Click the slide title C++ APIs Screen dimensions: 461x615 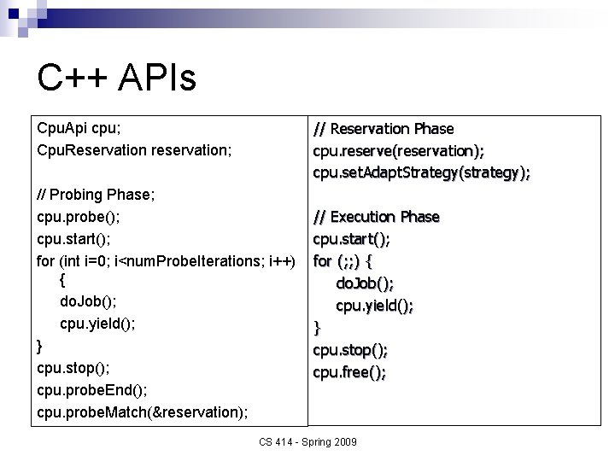[x=117, y=78]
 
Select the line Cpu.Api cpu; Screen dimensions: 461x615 [x=79, y=128]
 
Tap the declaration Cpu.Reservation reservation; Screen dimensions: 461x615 [x=134, y=150]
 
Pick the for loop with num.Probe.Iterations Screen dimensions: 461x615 [x=167, y=259]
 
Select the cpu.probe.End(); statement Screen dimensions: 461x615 [x=92, y=390]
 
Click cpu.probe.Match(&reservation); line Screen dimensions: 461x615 [x=143, y=412]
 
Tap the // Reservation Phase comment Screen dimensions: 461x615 [x=384, y=129]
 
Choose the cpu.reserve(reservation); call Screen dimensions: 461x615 [x=398, y=151]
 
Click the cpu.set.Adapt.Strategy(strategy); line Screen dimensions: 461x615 [x=421, y=173]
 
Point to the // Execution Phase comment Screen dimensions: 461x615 [x=376, y=217]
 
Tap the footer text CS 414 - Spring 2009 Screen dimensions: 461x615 [x=307, y=442]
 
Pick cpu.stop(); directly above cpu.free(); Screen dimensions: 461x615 [x=350, y=349]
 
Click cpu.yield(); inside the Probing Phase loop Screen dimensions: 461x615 [x=97, y=324]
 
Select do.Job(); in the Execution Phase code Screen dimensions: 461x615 [x=365, y=283]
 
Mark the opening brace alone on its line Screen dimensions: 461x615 [x=64, y=280]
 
